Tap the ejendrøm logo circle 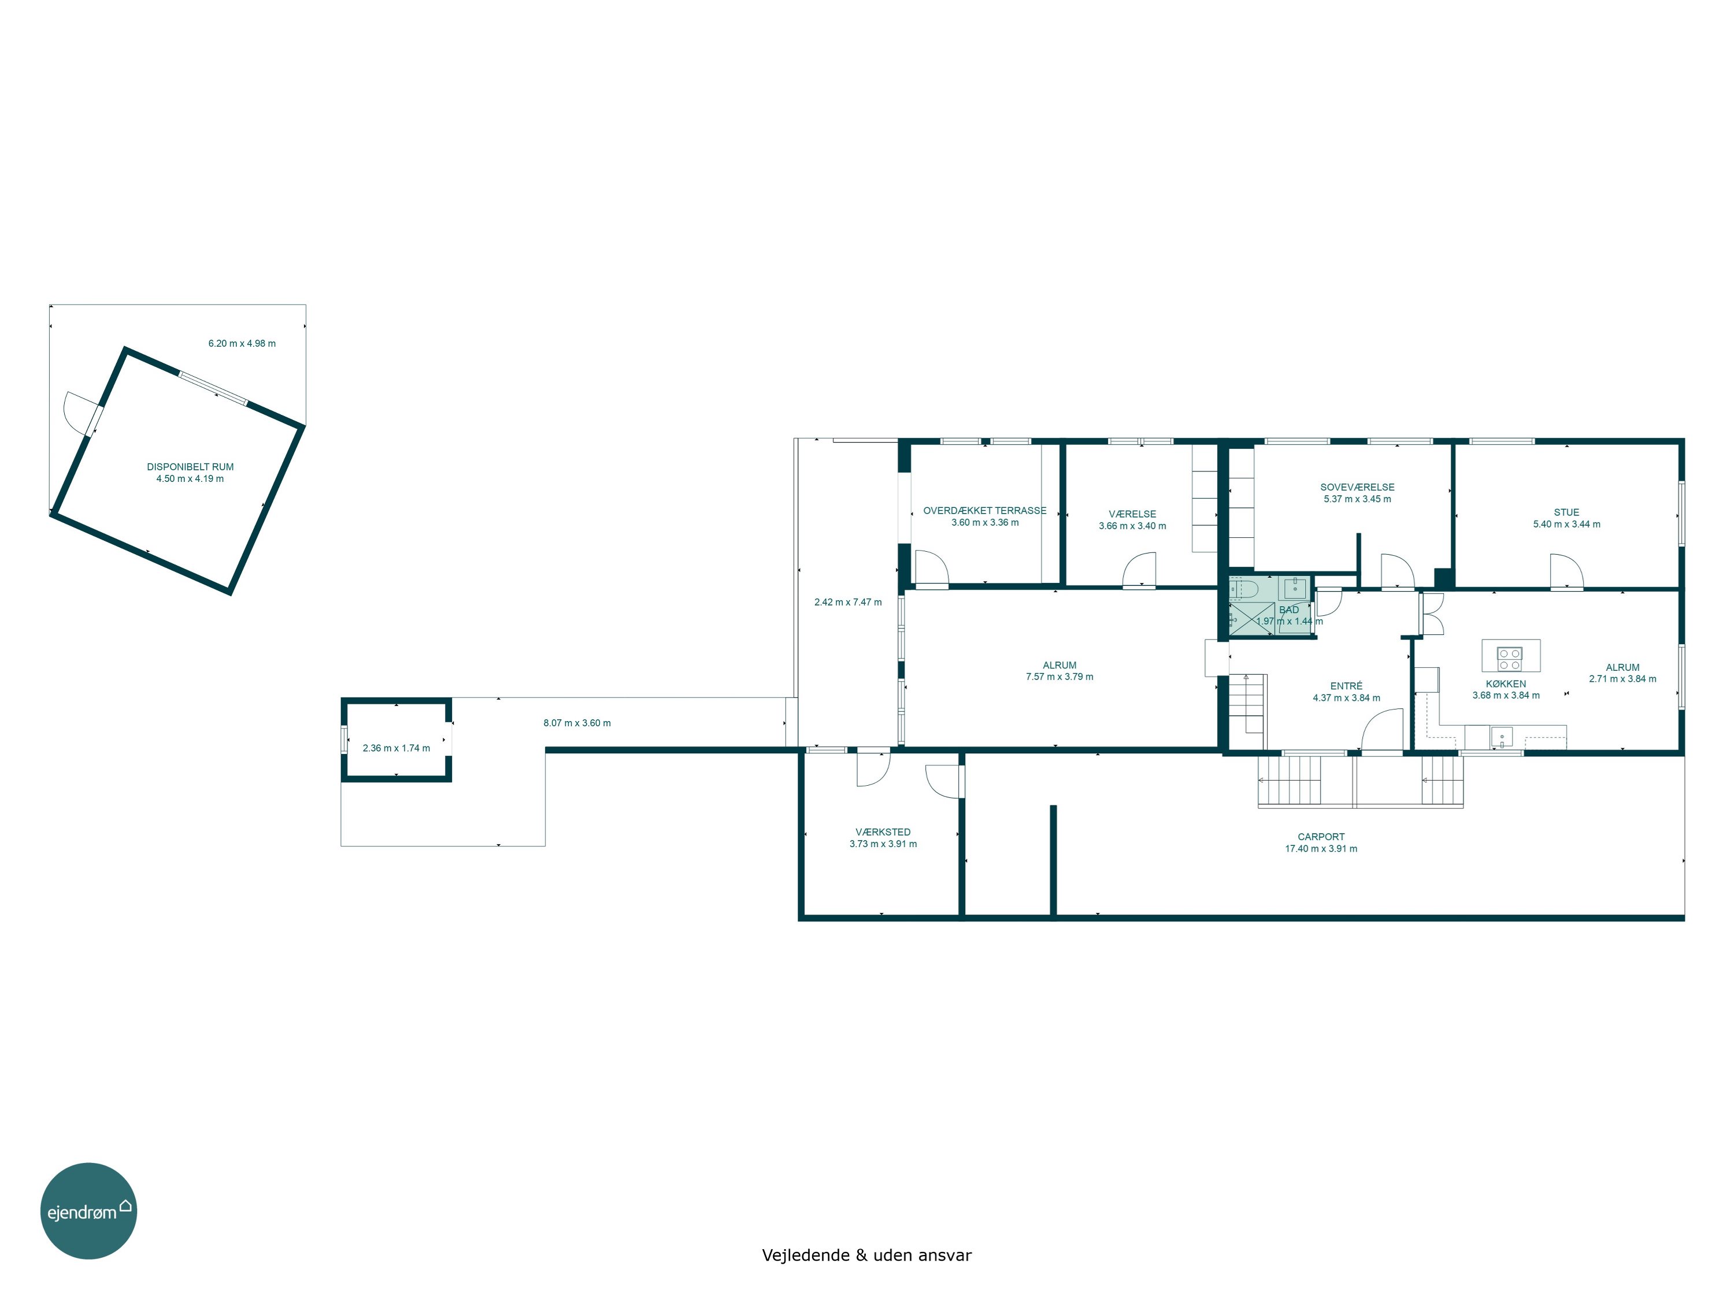(x=88, y=1210)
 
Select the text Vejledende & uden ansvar (x=866, y=1256)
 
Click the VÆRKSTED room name (x=883, y=832)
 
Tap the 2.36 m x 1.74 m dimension (x=396, y=748)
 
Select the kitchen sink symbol (x=1501, y=737)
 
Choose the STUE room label (x=1566, y=512)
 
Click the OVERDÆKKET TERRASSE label (x=984, y=511)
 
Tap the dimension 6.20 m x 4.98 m (x=242, y=343)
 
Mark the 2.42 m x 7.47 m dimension (x=847, y=603)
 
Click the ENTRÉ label (x=1346, y=686)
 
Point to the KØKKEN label (x=1505, y=684)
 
